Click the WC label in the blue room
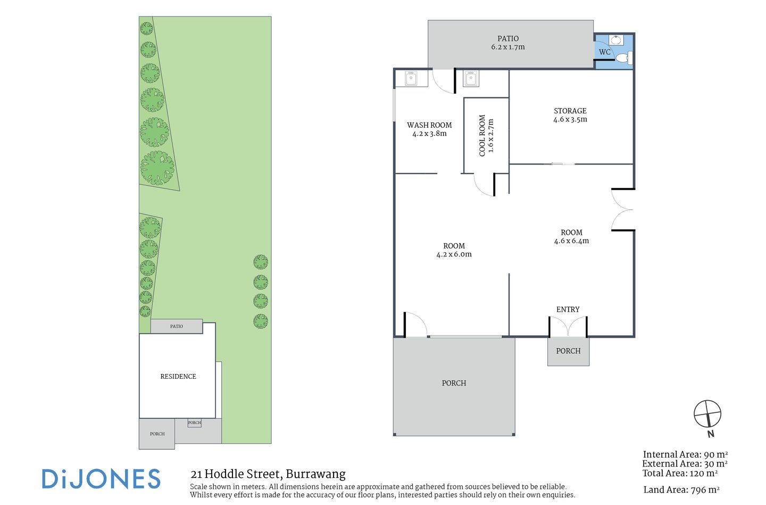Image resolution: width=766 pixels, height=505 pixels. [604, 52]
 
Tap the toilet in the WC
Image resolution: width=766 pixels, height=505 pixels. [623, 57]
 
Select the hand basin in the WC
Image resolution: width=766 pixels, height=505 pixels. [616, 40]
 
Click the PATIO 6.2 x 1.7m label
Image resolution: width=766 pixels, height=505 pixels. [508, 43]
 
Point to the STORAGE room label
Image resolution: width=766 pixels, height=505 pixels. [570, 111]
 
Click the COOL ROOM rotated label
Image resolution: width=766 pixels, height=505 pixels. [486, 136]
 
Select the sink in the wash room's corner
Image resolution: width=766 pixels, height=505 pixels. [411, 79]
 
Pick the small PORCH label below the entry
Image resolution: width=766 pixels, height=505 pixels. [568, 351]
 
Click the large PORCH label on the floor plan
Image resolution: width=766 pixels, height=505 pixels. [454, 383]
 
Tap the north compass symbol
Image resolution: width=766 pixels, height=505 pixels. [707, 415]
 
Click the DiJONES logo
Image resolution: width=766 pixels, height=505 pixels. [101, 479]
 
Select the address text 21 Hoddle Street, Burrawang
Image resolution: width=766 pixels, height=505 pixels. [268, 474]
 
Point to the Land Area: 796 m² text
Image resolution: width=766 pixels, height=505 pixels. [681, 490]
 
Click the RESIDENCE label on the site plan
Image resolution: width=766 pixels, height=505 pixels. [178, 377]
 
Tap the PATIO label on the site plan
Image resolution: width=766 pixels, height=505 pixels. [177, 327]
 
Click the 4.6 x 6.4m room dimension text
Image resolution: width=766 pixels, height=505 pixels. [571, 241]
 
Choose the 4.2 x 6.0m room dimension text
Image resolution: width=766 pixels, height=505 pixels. [454, 254]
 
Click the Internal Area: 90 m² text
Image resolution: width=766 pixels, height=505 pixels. [685, 454]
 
